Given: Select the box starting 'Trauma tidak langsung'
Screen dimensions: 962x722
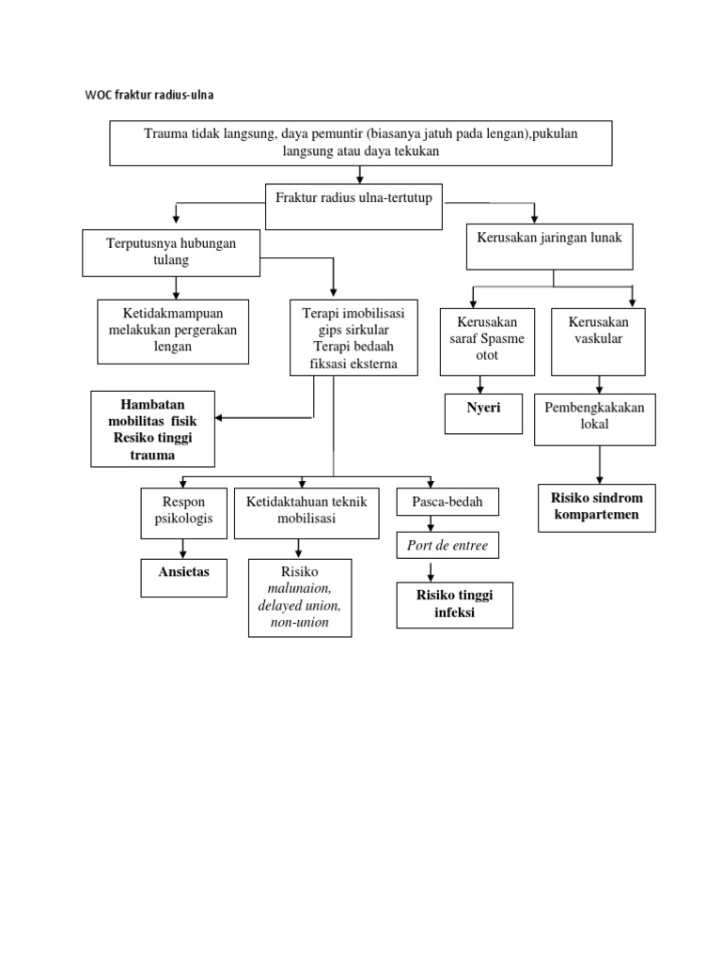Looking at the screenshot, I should (x=361, y=143).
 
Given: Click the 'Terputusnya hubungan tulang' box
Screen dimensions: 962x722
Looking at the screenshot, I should (x=171, y=252).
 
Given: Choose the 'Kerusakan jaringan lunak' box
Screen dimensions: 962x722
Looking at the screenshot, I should (x=550, y=246).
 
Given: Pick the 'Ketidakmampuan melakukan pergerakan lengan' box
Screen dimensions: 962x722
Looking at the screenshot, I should (x=173, y=331).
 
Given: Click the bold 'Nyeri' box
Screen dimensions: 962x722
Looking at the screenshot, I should (x=483, y=413).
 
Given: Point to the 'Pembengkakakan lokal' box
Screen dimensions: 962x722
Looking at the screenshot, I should (x=594, y=419).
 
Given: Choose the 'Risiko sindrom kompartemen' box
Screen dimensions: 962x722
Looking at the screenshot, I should (x=596, y=507).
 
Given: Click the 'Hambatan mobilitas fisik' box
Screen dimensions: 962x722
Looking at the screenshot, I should (x=152, y=428).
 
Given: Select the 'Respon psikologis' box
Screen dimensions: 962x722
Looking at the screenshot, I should (x=183, y=512).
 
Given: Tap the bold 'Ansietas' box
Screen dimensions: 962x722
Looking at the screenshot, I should (x=183, y=577).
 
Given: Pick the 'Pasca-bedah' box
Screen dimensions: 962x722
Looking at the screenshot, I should (x=447, y=503).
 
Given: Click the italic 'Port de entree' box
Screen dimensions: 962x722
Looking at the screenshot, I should (x=447, y=546).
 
